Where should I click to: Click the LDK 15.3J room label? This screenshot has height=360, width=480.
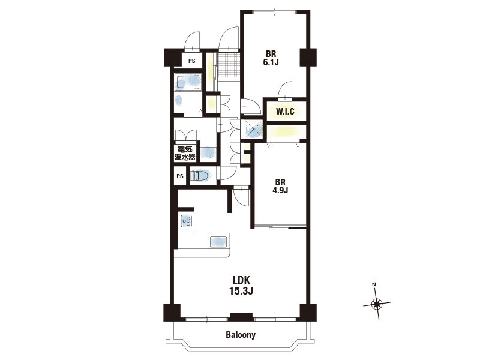coord(241,286)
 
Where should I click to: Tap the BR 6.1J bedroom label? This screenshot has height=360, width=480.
coord(271,58)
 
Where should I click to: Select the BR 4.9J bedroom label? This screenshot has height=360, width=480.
coord(280,186)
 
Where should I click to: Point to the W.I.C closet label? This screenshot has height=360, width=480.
coord(285,112)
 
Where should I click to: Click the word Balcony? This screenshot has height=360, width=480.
coord(241,335)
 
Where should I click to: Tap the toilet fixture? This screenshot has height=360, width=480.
coord(200,176)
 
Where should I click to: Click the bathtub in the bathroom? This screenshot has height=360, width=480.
coord(188,82)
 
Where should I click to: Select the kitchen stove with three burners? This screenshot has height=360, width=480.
coord(187,221)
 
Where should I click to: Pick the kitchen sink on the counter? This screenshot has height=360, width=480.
coord(219,242)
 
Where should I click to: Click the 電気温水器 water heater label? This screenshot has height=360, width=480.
coord(185,154)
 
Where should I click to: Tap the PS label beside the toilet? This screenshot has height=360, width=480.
coord(180,176)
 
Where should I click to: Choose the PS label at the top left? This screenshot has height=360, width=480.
coord(191,61)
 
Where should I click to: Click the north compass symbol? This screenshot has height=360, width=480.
coord(377,304)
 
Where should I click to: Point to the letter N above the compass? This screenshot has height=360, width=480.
coord(374,284)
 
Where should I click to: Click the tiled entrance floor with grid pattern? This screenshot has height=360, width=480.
coord(228,65)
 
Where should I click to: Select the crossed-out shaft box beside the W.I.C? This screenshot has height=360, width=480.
coord(253,129)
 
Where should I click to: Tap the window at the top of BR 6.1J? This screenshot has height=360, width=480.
coord(275,12)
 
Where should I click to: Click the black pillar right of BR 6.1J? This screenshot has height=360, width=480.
coord(308,57)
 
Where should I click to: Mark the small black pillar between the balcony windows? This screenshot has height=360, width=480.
coord(241,317)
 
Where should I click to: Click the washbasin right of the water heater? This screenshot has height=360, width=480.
coord(207,152)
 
